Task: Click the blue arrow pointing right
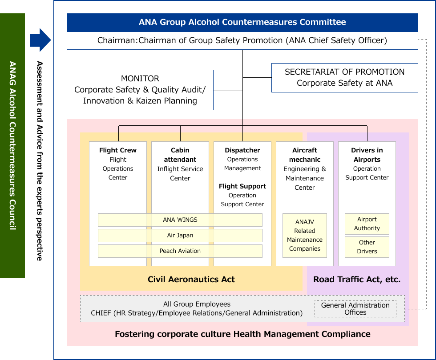coord(40,40)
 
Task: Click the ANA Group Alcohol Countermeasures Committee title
coord(242,22)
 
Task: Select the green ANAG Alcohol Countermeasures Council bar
coord(12,145)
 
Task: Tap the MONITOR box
coord(140,90)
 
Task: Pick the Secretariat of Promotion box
coord(344,77)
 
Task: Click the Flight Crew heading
coord(118,150)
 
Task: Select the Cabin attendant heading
coord(180,155)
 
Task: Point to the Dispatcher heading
coord(242,150)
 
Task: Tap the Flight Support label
coord(242,186)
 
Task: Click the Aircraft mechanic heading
coord(305,155)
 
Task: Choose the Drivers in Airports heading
coord(367,155)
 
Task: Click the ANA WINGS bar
coord(180,220)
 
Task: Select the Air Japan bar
coord(180,236)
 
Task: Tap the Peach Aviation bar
coord(180,251)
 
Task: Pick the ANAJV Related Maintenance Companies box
coord(305,236)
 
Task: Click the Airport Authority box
coord(367,224)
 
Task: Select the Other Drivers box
coord(367,247)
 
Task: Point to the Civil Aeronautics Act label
coord(191,280)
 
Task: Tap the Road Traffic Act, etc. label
coord(357,280)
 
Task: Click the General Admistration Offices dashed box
coord(355,309)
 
